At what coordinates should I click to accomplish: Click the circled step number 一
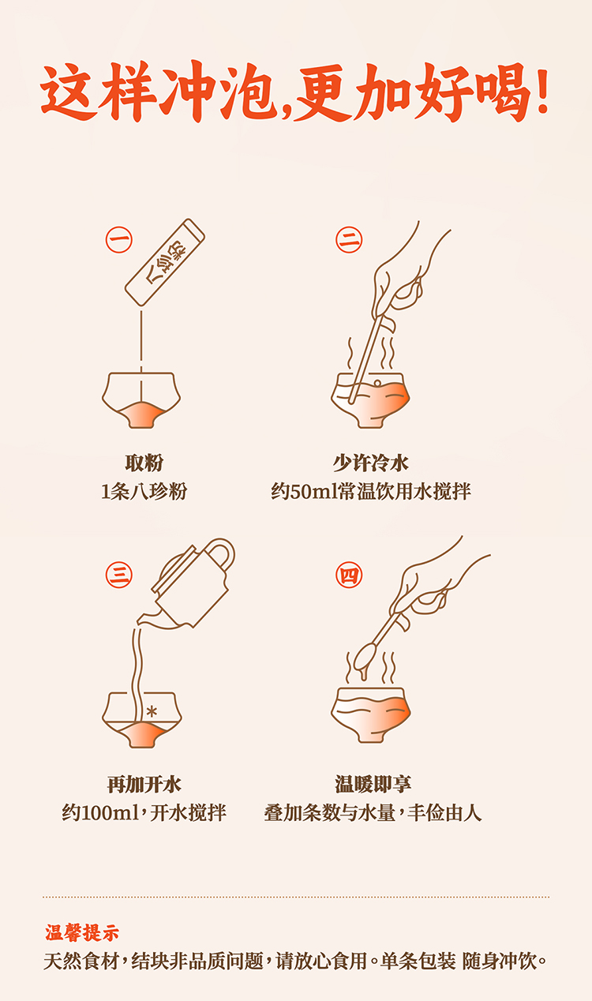[119, 239]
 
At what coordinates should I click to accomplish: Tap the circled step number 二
[349, 239]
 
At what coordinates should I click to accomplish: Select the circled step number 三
[119, 575]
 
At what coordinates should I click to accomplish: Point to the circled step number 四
[349, 575]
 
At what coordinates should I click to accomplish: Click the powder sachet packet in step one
[165, 262]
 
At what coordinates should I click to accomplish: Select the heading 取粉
[144, 463]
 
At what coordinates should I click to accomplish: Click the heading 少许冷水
[371, 463]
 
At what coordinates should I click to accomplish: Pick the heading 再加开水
[144, 784]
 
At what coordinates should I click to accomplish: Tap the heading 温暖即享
[373, 784]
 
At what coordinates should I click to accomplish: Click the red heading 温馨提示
[82, 933]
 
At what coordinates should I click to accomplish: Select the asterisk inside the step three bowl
[152, 711]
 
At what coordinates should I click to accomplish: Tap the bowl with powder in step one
[141, 400]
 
